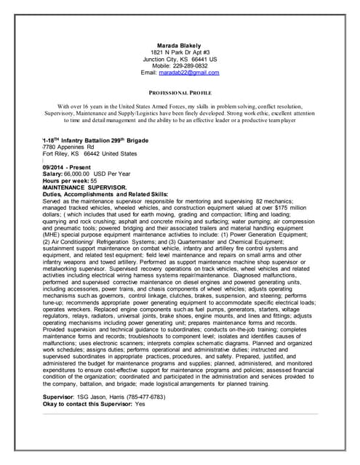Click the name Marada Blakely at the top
tap(179, 45)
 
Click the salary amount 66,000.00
tap(76, 174)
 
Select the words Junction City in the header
tap(156, 59)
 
